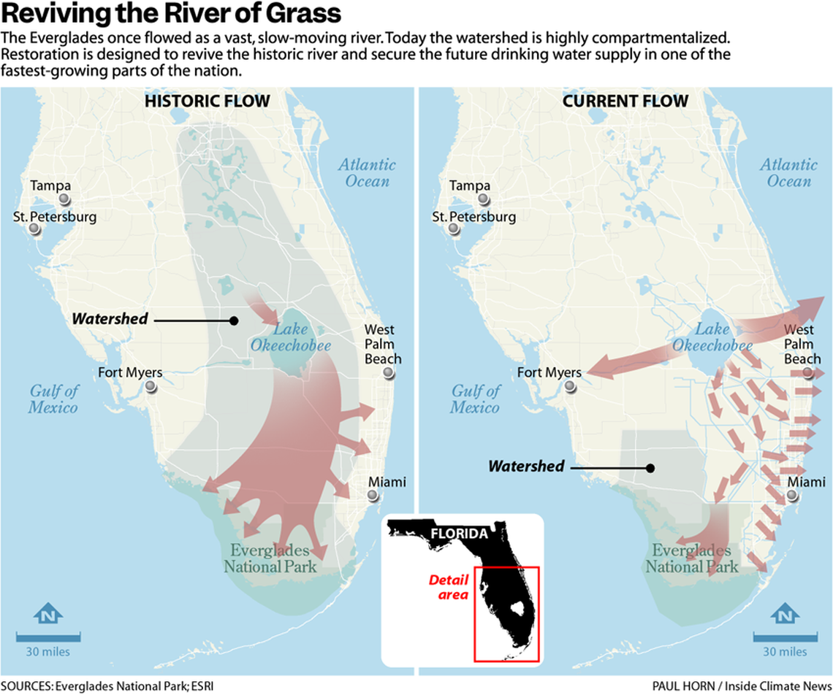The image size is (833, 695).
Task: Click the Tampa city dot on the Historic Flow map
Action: click(65, 199)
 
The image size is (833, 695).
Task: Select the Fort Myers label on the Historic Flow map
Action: click(130, 373)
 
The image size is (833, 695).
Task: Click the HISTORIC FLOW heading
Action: click(208, 101)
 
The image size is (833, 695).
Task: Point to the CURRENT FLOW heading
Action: click(625, 101)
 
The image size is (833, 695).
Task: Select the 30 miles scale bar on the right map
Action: click(786, 637)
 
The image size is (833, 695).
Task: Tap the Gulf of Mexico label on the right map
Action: click(475, 399)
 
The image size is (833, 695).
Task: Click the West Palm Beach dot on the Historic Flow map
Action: click(389, 373)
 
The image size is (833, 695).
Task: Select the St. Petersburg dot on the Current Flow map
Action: click(455, 229)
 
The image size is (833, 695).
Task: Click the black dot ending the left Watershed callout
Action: click(234, 320)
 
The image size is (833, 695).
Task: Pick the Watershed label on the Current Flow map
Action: click(526, 466)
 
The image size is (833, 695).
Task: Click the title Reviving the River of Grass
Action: click(171, 15)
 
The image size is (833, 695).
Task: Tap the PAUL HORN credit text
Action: click(742, 686)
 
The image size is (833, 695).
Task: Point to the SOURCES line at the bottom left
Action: click(107, 686)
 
